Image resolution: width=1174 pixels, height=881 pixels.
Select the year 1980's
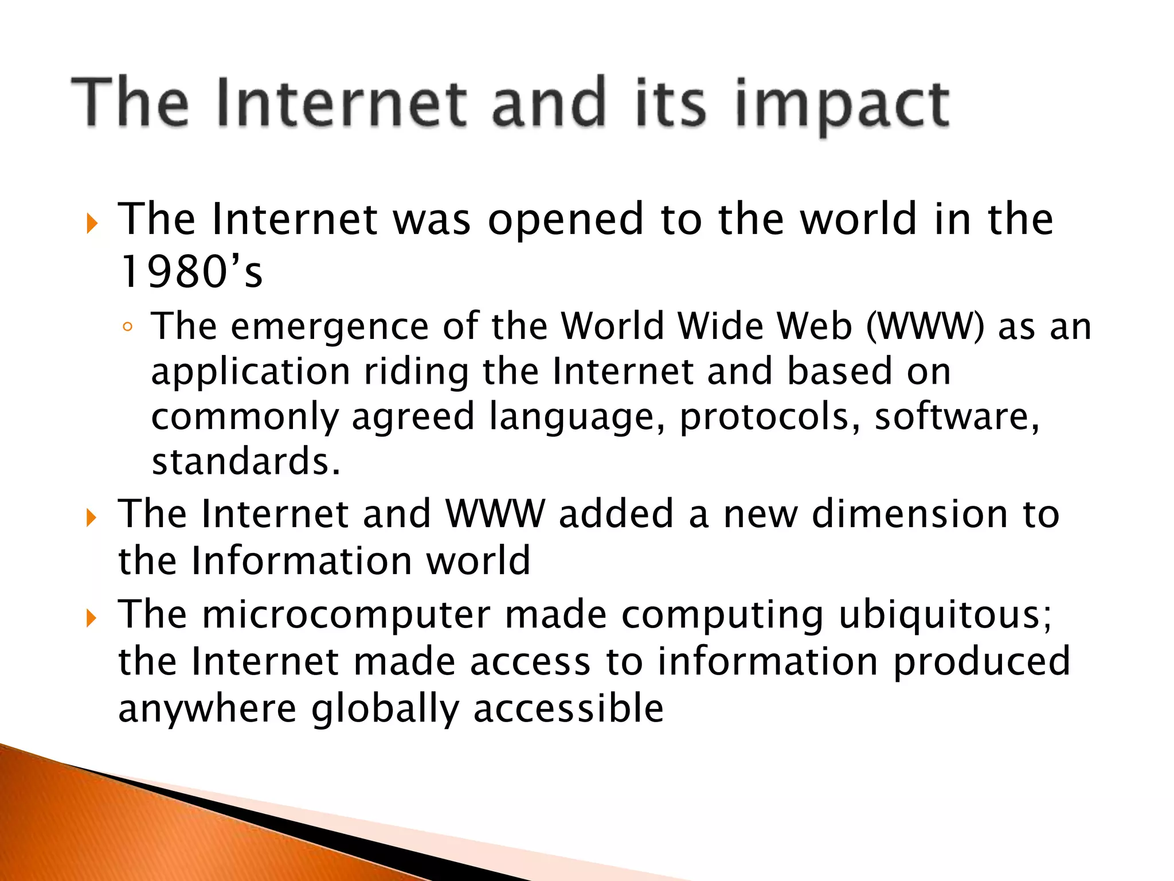(191, 272)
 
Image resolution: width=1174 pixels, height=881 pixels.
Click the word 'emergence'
(330, 326)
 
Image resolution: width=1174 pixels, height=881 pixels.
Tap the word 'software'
(956, 417)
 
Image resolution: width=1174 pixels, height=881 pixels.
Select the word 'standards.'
(246, 461)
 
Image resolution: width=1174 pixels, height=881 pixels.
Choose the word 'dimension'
(910, 513)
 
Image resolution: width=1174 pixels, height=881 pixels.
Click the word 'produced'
(981, 662)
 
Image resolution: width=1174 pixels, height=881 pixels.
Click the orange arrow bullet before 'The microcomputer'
(91, 618)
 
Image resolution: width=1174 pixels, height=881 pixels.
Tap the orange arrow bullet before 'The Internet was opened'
(91, 224)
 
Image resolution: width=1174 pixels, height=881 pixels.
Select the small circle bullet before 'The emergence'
(127, 328)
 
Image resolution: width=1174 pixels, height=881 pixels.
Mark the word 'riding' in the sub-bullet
(416, 372)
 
